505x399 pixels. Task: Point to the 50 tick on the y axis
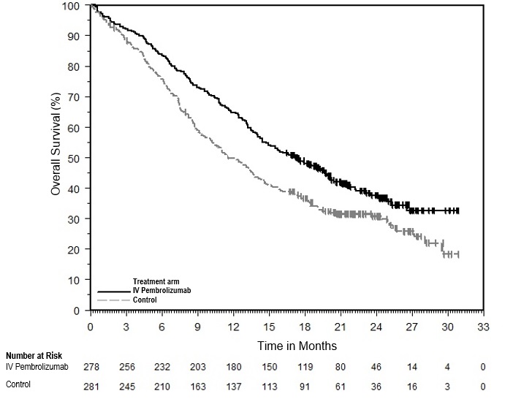click(75, 158)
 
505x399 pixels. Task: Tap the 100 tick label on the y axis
click(72, 5)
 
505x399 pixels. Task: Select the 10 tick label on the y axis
click(75, 280)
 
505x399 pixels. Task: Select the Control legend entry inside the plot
click(145, 300)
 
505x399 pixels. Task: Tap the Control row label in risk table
click(19, 384)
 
